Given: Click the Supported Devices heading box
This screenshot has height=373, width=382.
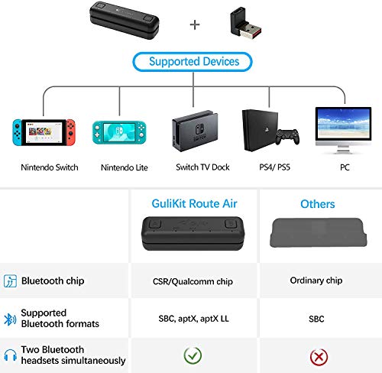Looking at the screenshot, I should tap(193, 61).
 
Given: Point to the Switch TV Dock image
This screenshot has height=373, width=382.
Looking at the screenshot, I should tap(192, 131).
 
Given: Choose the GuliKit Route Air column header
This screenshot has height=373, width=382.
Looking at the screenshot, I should tap(193, 204).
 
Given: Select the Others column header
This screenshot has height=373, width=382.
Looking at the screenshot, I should tap(317, 204).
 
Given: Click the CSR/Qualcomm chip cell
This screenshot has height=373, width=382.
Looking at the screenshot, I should tap(193, 281).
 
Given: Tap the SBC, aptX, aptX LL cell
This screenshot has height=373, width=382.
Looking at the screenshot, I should tap(193, 318).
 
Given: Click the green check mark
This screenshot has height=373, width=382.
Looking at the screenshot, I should tap(193, 355).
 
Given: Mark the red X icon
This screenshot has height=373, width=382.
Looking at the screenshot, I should tap(318, 355).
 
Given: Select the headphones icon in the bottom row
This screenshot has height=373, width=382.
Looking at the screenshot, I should tap(11, 355).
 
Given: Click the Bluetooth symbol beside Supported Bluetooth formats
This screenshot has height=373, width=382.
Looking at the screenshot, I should tap(11, 318).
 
